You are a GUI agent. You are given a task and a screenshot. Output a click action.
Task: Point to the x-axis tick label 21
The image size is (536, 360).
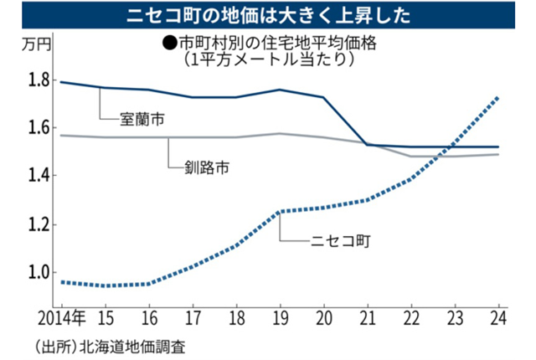point(366,317)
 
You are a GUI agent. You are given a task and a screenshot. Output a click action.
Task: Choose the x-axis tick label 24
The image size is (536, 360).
point(497,317)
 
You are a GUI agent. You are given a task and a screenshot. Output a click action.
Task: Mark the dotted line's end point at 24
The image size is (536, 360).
point(499,97)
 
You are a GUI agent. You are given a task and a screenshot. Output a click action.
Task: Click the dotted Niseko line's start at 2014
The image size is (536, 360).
point(60,281)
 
